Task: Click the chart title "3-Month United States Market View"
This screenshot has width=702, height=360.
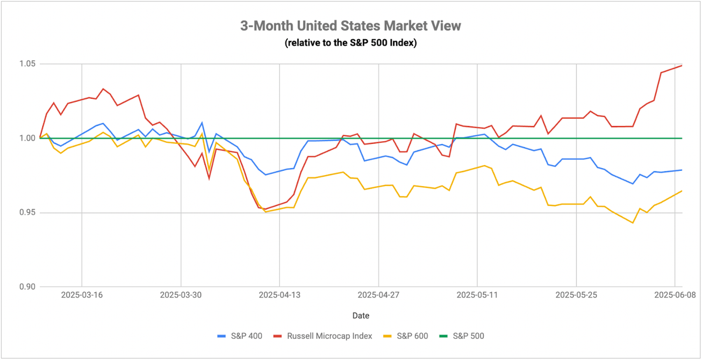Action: tap(350, 26)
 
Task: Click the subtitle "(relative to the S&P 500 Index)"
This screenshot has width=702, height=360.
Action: tap(350, 42)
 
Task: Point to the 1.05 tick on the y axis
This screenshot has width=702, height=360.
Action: tap(27, 64)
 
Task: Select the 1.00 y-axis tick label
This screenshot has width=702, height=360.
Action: tap(27, 138)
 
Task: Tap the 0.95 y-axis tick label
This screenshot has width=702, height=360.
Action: tap(27, 212)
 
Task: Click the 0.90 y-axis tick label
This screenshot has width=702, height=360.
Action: tap(27, 287)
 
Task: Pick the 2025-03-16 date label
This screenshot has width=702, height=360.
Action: tap(82, 295)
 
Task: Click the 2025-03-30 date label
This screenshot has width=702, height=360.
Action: tap(181, 295)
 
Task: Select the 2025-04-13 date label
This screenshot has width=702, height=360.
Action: tap(280, 295)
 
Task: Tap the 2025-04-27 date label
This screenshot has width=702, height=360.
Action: tap(378, 295)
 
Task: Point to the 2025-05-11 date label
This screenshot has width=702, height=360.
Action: tap(477, 295)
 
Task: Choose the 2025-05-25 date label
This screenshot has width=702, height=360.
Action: tap(576, 295)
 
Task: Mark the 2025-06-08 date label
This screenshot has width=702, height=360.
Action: tap(675, 295)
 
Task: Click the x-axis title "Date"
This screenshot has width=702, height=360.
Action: tap(361, 316)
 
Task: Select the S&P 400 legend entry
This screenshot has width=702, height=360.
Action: tap(240, 336)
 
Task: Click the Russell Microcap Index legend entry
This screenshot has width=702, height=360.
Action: tap(323, 336)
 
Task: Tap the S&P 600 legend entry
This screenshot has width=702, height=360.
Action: tap(405, 336)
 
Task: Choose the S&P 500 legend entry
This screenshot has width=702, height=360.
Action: tap(462, 336)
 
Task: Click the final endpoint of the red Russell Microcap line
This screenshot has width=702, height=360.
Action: tap(682, 66)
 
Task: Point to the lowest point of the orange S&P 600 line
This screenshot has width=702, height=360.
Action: tap(633, 223)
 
